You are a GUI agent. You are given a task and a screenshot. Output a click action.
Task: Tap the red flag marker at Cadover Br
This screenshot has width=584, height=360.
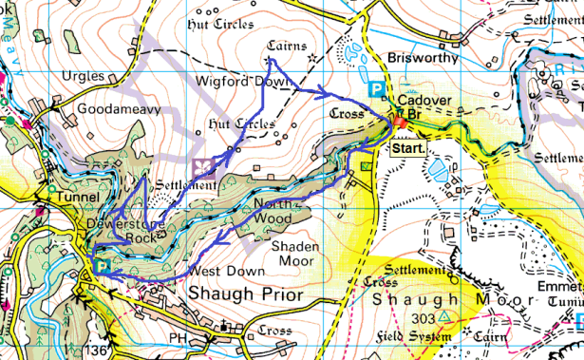pos(400,123)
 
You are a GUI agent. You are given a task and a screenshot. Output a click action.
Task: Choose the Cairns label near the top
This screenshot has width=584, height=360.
pos(288,44)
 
